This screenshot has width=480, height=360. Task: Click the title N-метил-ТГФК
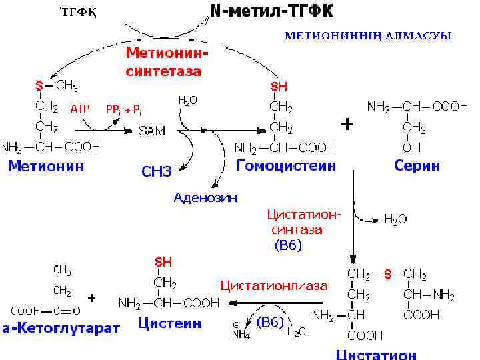pos(271,11)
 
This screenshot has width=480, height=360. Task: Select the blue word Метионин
pos(45,167)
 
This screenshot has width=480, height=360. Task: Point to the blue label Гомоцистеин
pos(286,165)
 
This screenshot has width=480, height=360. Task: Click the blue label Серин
pos(417,166)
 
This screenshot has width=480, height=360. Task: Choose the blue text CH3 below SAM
pos(157,172)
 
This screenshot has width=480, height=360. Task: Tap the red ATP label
pos(80,109)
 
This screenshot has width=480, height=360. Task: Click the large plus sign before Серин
pos(347,125)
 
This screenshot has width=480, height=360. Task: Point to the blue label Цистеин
pos(169,324)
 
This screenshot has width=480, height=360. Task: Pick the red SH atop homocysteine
pos(279,87)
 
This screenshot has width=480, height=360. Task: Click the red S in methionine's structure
pos(39,85)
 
